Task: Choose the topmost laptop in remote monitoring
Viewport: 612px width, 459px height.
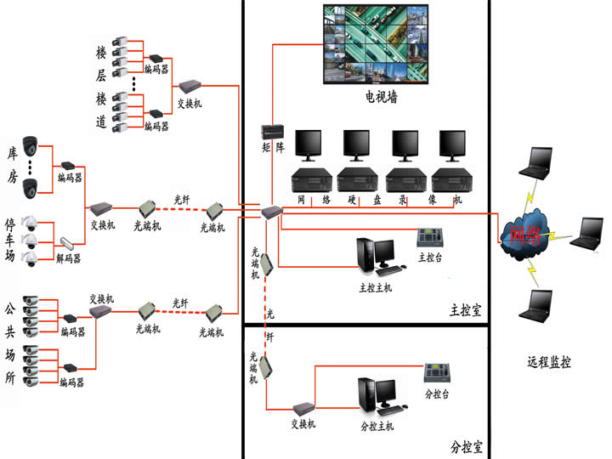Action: click(x=540, y=161)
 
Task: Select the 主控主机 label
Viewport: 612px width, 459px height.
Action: click(x=376, y=287)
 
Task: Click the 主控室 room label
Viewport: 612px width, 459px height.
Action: click(x=465, y=310)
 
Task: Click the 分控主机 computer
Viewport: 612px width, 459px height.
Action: click(x=377, y=394)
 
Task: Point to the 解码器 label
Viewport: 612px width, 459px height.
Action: click(x=68, y=258)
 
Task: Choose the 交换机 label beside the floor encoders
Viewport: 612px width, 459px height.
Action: click(x=189, y=104)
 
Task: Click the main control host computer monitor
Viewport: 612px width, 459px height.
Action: click(x=384, y=251)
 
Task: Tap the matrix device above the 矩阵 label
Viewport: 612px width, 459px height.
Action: click(x=272, y=132)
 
